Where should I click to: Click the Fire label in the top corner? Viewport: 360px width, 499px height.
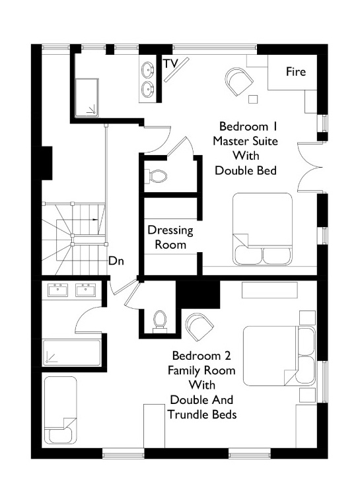tap(296, 71)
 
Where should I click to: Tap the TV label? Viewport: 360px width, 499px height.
tap(171, 63)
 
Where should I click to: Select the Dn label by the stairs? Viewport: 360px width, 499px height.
tap(116, 261)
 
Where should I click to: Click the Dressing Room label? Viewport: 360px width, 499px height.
tap(170, 238)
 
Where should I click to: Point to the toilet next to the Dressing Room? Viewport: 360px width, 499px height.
tap(156, 176)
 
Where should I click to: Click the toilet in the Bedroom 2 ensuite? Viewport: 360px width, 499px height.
tap(160, 321)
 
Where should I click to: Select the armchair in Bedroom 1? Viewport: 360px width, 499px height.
tap(239, 81)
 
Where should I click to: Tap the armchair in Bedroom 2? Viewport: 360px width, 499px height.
tap(199, 327)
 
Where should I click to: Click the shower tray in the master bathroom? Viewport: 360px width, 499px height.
tap(87, 98)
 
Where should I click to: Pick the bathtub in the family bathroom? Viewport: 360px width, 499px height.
tap(72, 353)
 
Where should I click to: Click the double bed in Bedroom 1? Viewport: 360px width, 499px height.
tap(262, 229)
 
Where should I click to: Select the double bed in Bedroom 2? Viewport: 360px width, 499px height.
tap(279, 356)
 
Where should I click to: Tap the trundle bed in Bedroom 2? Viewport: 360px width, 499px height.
tap(61, 410)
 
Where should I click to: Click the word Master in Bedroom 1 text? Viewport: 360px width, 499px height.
tap(231, 141)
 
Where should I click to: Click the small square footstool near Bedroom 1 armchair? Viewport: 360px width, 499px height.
tap(253, 99)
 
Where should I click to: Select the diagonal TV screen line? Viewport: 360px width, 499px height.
tap(177, 70)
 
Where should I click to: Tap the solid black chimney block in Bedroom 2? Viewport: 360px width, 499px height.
tap(198, 294)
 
